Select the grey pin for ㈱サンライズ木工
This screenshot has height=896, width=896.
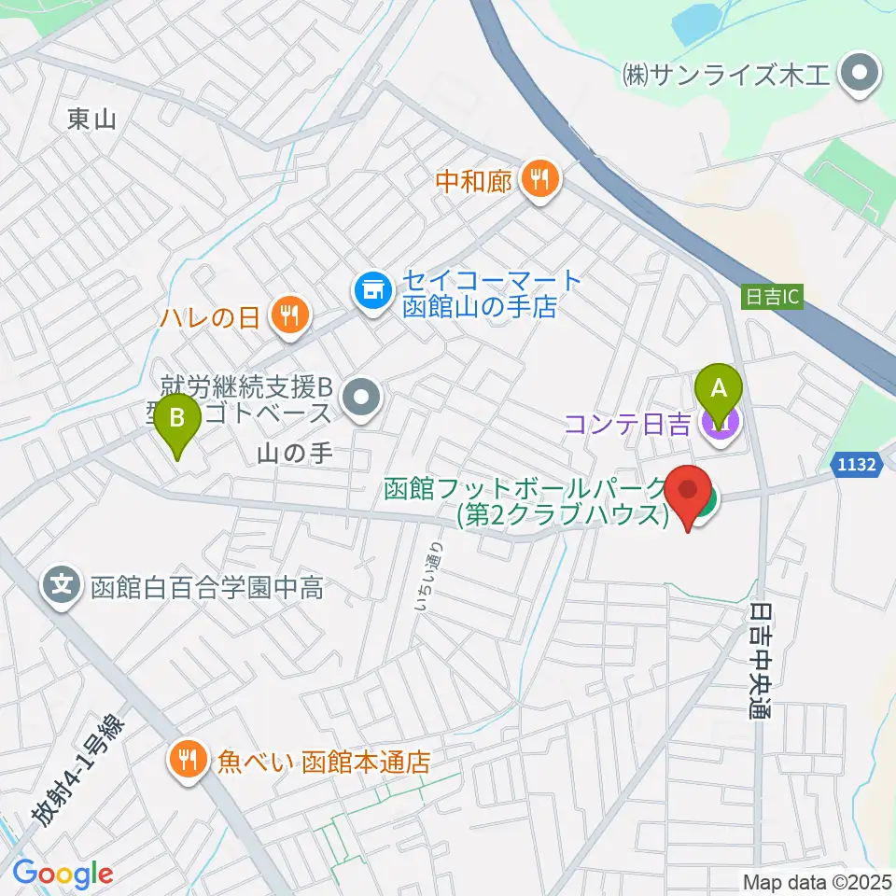[x=856, y=72]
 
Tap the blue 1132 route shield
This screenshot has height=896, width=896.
[x=856, y=465]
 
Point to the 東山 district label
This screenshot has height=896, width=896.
[x=91, y=119]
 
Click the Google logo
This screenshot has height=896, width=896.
[x=63, y=873]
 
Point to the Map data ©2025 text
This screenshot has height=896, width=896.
[x=816, y=881]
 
